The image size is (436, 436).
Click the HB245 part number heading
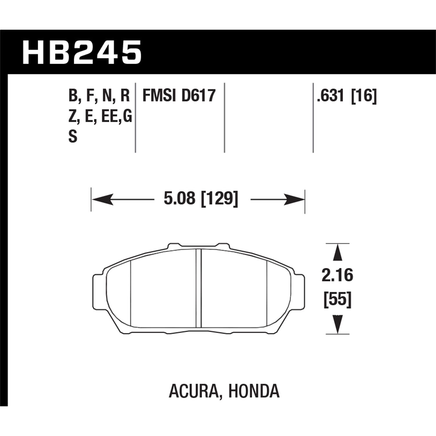coord(82,53)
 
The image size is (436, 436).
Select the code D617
coord(198,96)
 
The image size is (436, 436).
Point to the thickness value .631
coord(331,96)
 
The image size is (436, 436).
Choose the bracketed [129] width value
coord(220,199)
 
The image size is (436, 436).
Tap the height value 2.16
coord(337,275)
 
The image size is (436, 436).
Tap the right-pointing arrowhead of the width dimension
coord(294,199)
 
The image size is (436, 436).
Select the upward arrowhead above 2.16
coord(337,253)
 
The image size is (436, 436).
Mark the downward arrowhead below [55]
coord(337,324)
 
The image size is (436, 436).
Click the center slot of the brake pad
coord(199,288)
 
